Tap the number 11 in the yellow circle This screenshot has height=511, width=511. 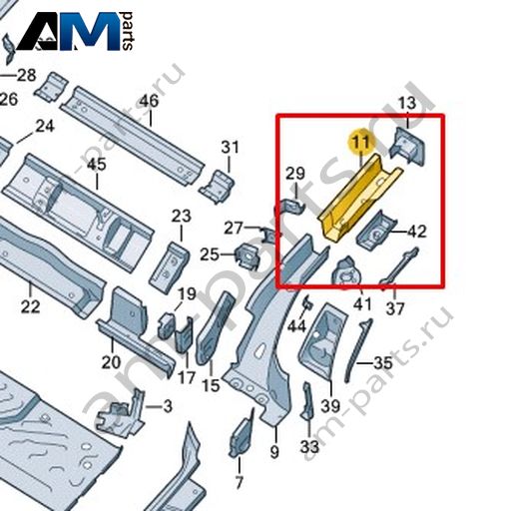click(361, 142)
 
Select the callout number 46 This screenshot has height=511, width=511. click(149, 101)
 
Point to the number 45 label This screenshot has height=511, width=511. click(97, 165)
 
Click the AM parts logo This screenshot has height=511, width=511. click(76, 31)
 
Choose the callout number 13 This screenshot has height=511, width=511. click(407, 103)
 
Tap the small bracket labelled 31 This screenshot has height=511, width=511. click(217, 187)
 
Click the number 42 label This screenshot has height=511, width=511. click(417, 232)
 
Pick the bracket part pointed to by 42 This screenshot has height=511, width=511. click(376, 231)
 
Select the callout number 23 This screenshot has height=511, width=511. click(182, 217)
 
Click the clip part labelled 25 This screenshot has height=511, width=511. click(248, 255)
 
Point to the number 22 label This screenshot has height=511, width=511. click(30, 306)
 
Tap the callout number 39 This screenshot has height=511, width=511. click(330, 406)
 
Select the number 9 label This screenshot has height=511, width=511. click(274, 452)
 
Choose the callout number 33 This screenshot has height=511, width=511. click(309, 447)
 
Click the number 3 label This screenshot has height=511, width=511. click(168, 406)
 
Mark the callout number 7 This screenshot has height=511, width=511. click(240, 482)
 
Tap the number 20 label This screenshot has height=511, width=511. click(111, 362)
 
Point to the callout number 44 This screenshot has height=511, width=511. click(296, 326)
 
